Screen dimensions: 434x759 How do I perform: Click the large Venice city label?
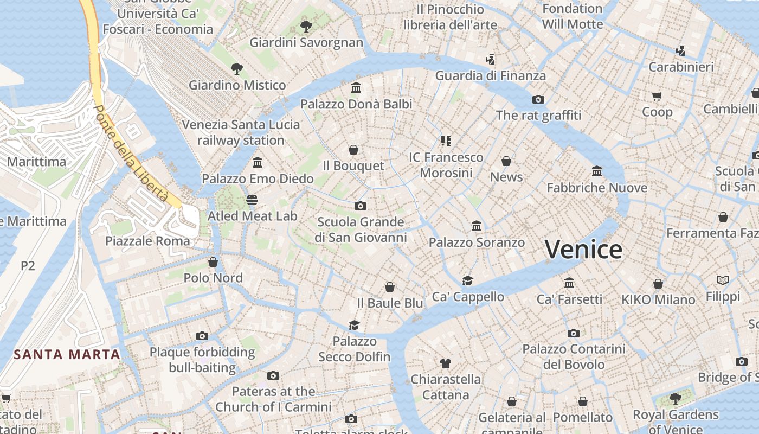point(583,250)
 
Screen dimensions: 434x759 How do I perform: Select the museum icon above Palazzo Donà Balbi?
point(356,88)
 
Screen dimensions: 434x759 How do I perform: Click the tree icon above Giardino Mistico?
point(236,69)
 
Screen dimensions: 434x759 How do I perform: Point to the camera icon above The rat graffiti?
point(538,99)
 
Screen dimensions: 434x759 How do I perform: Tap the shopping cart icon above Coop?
point(657,97)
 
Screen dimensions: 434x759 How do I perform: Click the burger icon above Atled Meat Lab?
point(252,200)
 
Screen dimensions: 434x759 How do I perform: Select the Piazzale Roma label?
point(148,241)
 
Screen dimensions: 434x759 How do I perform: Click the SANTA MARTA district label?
point(67,355)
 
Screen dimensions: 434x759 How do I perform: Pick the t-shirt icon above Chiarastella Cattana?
point(446,363)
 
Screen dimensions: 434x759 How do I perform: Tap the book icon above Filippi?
point(723,280)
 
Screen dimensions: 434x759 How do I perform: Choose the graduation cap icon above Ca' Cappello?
point(467,280)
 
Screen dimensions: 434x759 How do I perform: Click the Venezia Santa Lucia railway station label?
point(241,132)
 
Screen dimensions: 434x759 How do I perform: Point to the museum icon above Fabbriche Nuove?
point(597,171)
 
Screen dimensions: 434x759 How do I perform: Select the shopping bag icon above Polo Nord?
point(213,262)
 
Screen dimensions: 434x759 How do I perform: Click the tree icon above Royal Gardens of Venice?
point(676,399)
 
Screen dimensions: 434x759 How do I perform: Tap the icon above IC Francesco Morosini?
point(446,141)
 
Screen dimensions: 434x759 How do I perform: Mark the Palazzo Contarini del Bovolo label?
point(574,356)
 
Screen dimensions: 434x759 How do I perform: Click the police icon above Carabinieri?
point(681,51)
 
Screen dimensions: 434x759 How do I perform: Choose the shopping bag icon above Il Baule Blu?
point(389,287)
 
